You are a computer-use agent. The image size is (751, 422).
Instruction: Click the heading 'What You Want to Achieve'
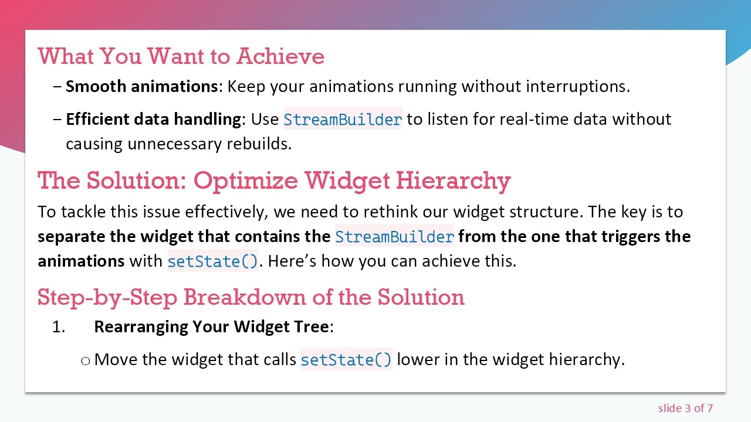point(181,56)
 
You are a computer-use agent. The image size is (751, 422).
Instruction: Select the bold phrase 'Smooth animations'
point(141,86)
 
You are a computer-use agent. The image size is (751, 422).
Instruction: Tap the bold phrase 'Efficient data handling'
point(153,119)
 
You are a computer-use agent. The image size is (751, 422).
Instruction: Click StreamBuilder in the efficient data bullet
point(343,120)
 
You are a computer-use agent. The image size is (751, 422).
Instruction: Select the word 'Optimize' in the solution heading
point(246,181)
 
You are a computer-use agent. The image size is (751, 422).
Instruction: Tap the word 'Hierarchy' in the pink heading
point(453,181)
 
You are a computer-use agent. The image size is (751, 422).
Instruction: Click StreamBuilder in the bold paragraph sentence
point(394,237)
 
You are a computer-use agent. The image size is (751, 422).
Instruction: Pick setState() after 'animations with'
point(212,261)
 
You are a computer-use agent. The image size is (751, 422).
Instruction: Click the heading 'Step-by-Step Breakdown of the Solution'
point(251,297)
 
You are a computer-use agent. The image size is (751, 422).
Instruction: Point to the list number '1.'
point(59,327)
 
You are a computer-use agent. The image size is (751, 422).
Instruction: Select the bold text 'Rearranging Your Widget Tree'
point(211,326)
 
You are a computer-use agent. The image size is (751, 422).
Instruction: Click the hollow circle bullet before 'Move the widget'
point(86,360)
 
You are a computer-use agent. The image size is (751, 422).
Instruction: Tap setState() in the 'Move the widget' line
point(346,360)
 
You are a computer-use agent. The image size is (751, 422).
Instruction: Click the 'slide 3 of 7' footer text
point(685,409)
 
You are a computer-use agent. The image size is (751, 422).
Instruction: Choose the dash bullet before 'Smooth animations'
point(57,86)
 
